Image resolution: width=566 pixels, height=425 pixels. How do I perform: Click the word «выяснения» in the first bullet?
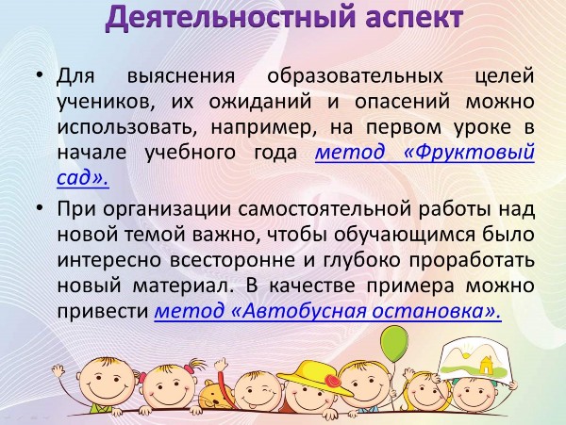[x=181, y=76]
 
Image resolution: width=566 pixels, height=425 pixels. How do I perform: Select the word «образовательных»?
[x=355, y=76]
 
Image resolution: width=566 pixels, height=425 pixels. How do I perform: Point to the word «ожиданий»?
[x=260, y=102]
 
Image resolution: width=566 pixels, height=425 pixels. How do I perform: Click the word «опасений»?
[x=402, y=102]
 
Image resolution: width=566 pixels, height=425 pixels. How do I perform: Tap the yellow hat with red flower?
[x=315, y=378]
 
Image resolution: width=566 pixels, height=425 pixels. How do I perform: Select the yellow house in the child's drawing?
[x=485, y=366]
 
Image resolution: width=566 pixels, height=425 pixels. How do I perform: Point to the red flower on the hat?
[x=332, y=380]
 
